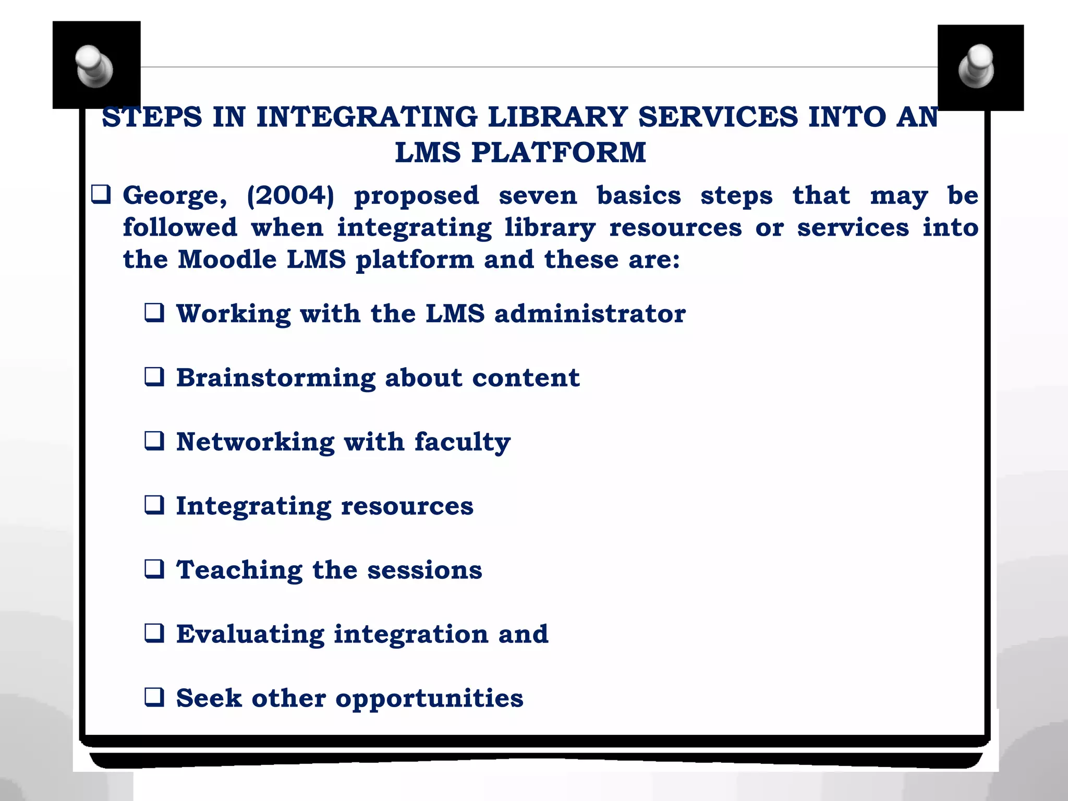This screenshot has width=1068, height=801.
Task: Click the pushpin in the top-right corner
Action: (x=977, y=67)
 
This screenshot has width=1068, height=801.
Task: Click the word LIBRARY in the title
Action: (x=557, y=117)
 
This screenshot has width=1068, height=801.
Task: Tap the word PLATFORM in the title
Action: (x=559, y=153)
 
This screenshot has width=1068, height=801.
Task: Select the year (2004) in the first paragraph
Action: (x=290, y=196)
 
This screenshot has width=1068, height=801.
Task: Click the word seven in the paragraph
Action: (x=538, y=196)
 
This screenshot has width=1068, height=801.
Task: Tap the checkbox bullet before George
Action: (x=101, y=195)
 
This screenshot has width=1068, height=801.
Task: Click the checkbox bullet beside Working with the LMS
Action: (x=154, y=313)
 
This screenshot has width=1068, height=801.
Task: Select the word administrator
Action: (x=590, y=313)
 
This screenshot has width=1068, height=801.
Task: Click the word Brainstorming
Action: (x=275, y=378)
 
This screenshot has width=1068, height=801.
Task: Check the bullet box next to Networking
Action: (x=154, y=441)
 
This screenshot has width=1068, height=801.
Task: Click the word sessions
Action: (x=424, y=570)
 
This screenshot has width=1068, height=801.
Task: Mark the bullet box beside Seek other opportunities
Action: (x=154, y=697)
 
